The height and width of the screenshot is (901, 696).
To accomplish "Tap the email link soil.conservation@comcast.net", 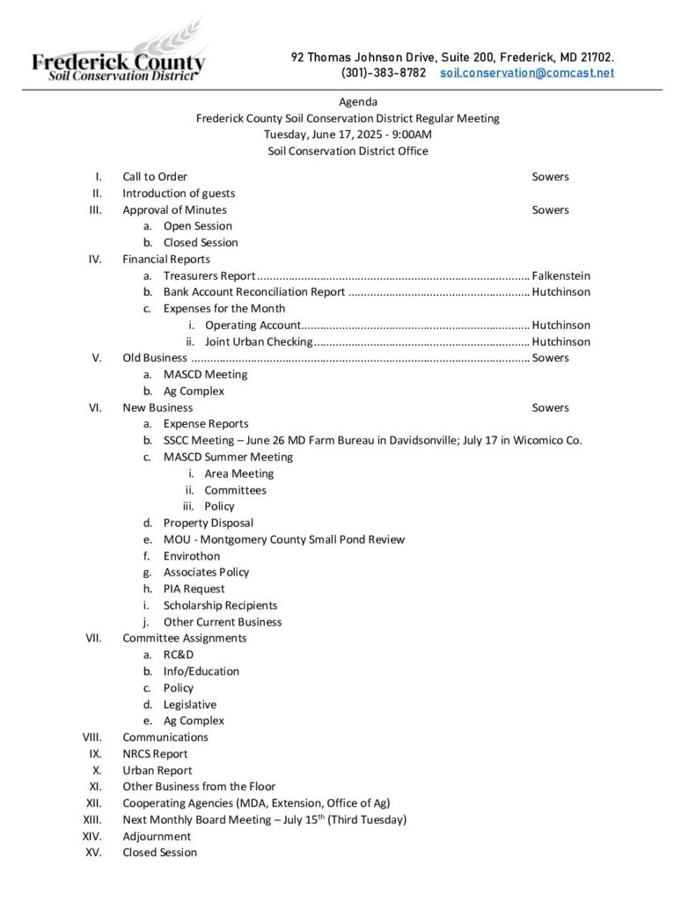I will tap(527, 73).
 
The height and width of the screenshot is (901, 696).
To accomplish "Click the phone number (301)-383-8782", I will tap(383, 73).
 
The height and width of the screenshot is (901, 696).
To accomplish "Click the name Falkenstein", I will tap(560, 275).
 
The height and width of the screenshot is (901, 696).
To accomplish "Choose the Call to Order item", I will tap(155, 177).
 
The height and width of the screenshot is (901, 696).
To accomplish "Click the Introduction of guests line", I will tap(179, 194).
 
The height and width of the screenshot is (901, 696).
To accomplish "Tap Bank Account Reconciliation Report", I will tap(254, 292).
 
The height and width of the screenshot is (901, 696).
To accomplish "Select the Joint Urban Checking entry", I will tap(259, 341).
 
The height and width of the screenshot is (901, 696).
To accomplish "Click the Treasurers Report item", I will tap(209, 275).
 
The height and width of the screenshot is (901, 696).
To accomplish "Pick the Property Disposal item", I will tap(209, 523).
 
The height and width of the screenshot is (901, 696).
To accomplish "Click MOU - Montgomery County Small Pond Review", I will tap(284, 539).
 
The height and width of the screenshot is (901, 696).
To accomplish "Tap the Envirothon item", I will tap(192, 556).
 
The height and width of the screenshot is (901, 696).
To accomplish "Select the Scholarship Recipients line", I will tap(220, 605).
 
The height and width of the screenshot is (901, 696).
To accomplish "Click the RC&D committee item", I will tap(179, 655).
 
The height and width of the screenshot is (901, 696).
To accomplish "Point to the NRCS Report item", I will tap(155, 754).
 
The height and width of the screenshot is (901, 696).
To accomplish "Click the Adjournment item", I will tap(157, 836).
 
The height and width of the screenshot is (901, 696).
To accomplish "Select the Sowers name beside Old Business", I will tap(550, 358).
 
